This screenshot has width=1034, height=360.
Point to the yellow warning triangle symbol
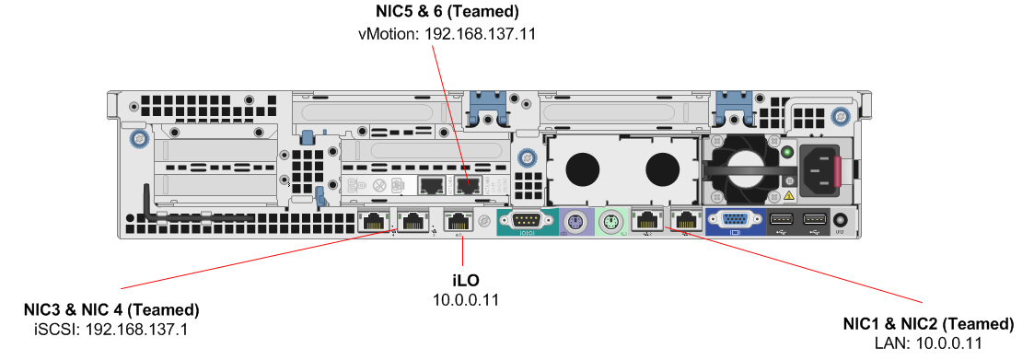tap(787, 195)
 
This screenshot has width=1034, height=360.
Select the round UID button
tap(840, 220)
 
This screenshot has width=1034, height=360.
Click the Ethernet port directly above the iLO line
tap(458, 220)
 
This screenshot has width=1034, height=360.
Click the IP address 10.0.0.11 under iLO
tap(466, 300)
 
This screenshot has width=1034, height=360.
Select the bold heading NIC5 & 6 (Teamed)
tap(447, 11)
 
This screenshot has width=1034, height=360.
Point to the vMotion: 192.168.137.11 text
tap(447, 34)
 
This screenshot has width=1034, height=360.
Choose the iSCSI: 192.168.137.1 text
tap(110, 329)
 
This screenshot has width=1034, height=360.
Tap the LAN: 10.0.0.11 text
tap(928, 343)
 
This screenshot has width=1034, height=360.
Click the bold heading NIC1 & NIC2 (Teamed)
tap(928, 324)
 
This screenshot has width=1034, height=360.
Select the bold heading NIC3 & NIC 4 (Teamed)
tap(111, 309)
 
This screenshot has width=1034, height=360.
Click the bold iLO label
tap(466, 282)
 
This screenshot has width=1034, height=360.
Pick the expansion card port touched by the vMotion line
tap(468, 186)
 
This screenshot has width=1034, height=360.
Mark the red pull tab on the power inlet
tap(838, 171)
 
